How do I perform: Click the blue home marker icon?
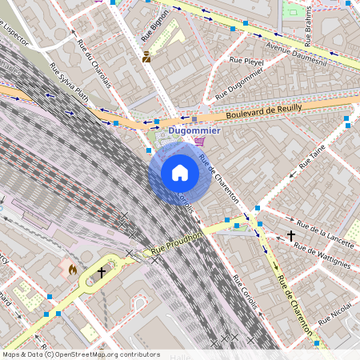click(180, 172)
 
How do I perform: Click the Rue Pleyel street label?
click(246, 61)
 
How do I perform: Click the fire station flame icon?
click(73, 270)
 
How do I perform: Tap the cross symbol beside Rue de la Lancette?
click(290, 236)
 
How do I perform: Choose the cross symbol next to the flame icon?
click(102, 273)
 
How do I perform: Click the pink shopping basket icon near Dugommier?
click(199, 142)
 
